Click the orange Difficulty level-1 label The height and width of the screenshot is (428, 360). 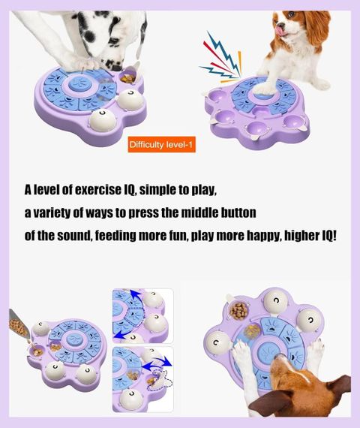pyautogui.click(x=162, y=144)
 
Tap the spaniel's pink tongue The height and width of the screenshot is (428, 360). pyautogui.click(x=280, y=30)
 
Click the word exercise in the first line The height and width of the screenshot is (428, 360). pyautogui.click(x=97, y=190)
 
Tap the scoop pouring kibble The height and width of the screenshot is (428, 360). pyautogui.click(x=19, y=323)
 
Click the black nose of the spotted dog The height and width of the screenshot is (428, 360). pyautogui.click(x=117, y=68)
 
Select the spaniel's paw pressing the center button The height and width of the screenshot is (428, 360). pyautogui.click(x=264, y=88)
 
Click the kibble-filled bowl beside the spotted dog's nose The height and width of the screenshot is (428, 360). pyautogui.click(x=128, y=78)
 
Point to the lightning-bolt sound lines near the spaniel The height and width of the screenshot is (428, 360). pyautogui.click(x=220, y=59)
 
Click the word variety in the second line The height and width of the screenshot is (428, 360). pyautogui.click(x=48, y=212)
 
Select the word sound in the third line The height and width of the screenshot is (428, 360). pyautogui.click(x=74, y=236)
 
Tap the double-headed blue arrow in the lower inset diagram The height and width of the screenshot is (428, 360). pyautogui.click(x=157, y=364)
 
